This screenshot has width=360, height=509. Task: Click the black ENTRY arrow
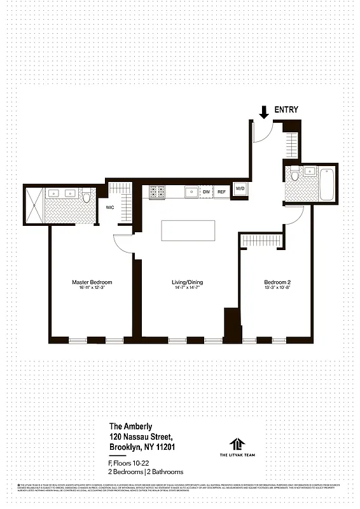point(264,113)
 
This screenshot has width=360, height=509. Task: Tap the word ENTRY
point(286,110)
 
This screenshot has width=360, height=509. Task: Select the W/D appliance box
point(240,189)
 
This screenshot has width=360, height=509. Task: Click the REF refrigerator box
point(221,192)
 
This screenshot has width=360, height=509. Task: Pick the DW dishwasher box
point(206,192)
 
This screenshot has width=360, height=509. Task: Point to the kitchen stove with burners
point(157,191)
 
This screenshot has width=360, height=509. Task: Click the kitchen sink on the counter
point(190,191)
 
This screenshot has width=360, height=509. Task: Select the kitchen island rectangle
point(183,230)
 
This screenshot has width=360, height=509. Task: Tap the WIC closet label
point(109,206)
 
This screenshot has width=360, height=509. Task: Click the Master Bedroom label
point(92,282)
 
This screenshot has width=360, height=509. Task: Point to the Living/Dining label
point(187,282)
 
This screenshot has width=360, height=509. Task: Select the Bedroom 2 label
point(277,282)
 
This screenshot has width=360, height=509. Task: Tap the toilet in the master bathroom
point(87,197)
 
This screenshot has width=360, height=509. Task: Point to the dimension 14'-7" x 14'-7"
point(187,289)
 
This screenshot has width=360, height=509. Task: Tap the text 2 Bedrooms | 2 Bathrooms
point(146,471)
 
